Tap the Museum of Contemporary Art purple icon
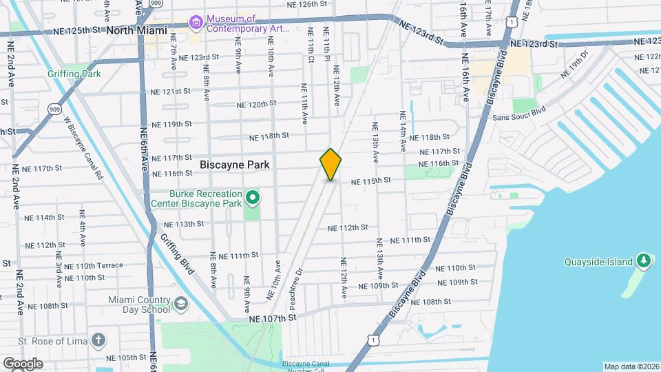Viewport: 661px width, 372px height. [197, 23]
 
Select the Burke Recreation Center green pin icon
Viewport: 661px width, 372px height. [253, 199]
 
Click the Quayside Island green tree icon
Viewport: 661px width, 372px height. [643, 261]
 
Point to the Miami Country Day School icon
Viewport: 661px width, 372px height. [180, 304]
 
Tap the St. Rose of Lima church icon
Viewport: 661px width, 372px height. [99, 340]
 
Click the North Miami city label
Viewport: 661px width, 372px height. [137, 30]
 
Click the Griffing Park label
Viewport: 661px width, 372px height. [74, 74]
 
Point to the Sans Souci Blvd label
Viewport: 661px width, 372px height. [518, 113]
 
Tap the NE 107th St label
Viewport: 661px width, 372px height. [272, 318]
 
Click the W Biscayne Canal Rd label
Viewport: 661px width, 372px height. [83, 147]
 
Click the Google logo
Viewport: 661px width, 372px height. [22, 364]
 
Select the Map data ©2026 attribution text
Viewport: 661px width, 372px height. [631, 366]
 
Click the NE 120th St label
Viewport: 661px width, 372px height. [256, 105]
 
